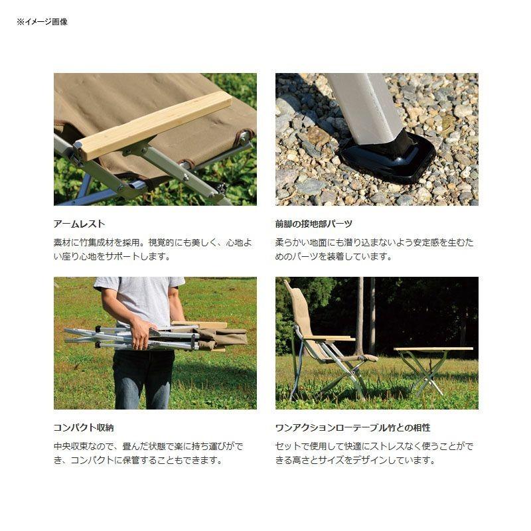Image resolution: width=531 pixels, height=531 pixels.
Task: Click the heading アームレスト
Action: [x=79, y=224]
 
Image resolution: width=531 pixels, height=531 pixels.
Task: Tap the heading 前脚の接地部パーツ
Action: [x=313, y=224]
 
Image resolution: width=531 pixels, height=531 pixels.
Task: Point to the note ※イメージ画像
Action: [x=42, y=22]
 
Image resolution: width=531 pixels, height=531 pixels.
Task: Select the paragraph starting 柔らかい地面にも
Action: [x=374, y=250]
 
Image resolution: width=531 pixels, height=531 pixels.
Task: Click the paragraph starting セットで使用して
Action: [x=374, y=453]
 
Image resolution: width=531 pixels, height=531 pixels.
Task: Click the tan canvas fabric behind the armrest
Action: [x=119, y=100]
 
